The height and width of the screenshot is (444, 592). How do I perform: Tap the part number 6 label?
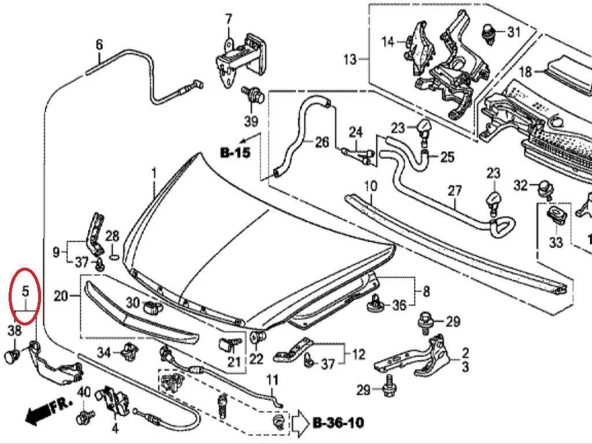pos(99,45)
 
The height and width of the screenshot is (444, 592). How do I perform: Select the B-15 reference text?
pos(235,153)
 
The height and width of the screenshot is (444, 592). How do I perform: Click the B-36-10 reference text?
pos(339,423)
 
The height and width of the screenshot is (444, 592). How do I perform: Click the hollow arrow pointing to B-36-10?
pos(300,421)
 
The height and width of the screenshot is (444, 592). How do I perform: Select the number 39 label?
pos(251,121)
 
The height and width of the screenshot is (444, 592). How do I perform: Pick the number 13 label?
pos(350,60)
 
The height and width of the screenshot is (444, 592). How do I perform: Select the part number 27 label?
pos(454,191)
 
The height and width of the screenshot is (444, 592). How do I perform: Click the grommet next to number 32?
pos(545,188)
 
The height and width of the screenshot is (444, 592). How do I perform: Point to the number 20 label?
pos(61,295)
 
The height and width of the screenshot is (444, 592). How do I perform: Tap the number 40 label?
pos(84,393)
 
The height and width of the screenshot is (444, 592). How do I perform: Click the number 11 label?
pos(272,379)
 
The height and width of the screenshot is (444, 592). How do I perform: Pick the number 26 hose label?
pos(322,142)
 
